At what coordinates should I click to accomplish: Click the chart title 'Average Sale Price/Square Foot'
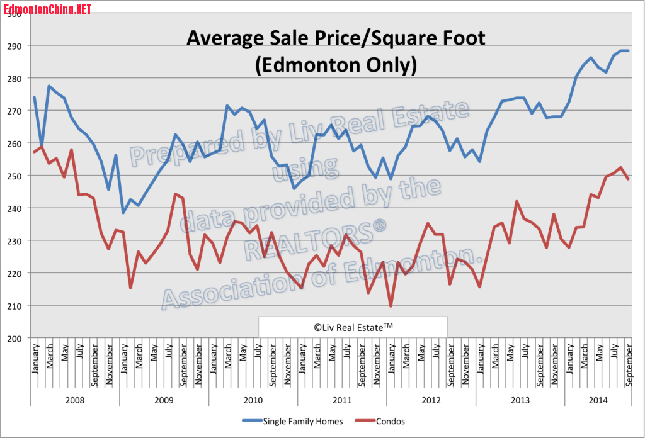click(x=336, y=39)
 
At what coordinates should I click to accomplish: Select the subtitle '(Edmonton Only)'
click(x=336, y=65)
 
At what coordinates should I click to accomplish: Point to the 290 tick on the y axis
click(x=14, y=46)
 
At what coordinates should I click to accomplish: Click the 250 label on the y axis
click(x=14, y=176)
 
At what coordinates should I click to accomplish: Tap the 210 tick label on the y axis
click(x=14, y=306)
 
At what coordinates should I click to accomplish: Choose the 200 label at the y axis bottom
click(x=14, y=338)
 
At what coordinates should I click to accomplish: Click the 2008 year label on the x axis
click(x=75, y=400)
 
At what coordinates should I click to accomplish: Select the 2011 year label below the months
click(x=342, y=400)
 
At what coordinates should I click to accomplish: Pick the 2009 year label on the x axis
click(x=164, y=400)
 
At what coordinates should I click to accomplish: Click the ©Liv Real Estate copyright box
click(x=353, y=327)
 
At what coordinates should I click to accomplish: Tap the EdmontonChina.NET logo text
click(x=48, y=9)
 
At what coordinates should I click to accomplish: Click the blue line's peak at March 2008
click(x=49, y=86)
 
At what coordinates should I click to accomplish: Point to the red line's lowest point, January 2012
click(x=391, y=306)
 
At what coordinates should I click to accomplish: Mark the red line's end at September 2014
click(x=628, y=179)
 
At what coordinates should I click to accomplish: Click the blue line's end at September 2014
click(x=628, y=50)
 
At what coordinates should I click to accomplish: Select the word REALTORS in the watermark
click(x=302, y=236)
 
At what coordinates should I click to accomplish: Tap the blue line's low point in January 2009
click(x=123, y=213)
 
